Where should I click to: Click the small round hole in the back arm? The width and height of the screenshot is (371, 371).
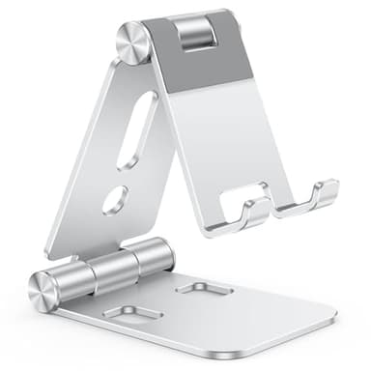click(114, 199)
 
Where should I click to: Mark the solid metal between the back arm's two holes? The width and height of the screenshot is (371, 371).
click(124, 174)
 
